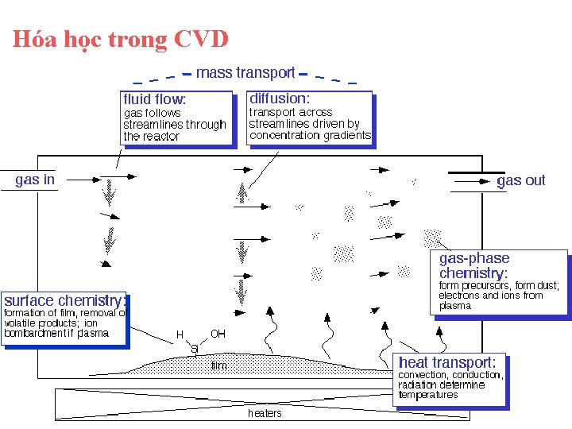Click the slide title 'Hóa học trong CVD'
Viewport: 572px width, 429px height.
120,39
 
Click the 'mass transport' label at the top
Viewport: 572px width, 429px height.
245,73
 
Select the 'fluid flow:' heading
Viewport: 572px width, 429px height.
155,100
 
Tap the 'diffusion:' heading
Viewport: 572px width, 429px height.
280,99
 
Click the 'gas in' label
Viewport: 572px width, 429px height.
35,180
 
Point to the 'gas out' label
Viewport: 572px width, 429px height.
521,180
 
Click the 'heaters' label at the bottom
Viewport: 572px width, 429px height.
265,413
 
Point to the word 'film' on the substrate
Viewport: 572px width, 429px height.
218,366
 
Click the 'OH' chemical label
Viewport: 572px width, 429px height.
218,334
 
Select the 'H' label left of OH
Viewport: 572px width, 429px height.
180,334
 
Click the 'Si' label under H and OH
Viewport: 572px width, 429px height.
194,350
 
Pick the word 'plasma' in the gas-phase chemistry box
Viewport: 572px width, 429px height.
454,306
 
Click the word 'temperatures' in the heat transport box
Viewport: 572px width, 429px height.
428,395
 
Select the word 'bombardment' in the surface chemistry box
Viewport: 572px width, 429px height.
33,334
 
